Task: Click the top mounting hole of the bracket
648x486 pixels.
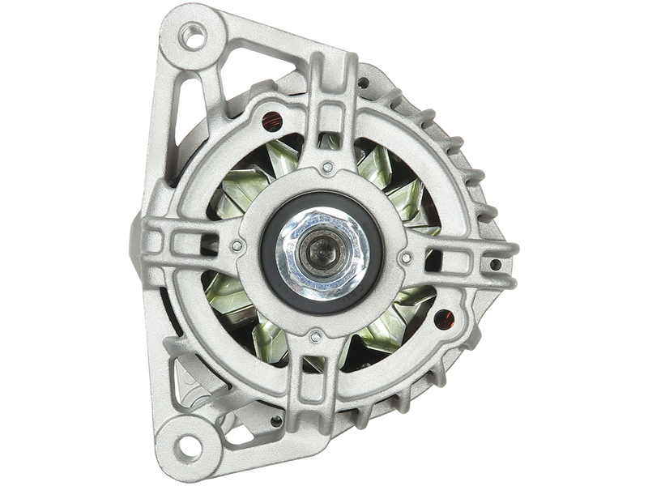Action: pos(195,35)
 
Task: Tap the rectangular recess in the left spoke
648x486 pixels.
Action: pos(180,241)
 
